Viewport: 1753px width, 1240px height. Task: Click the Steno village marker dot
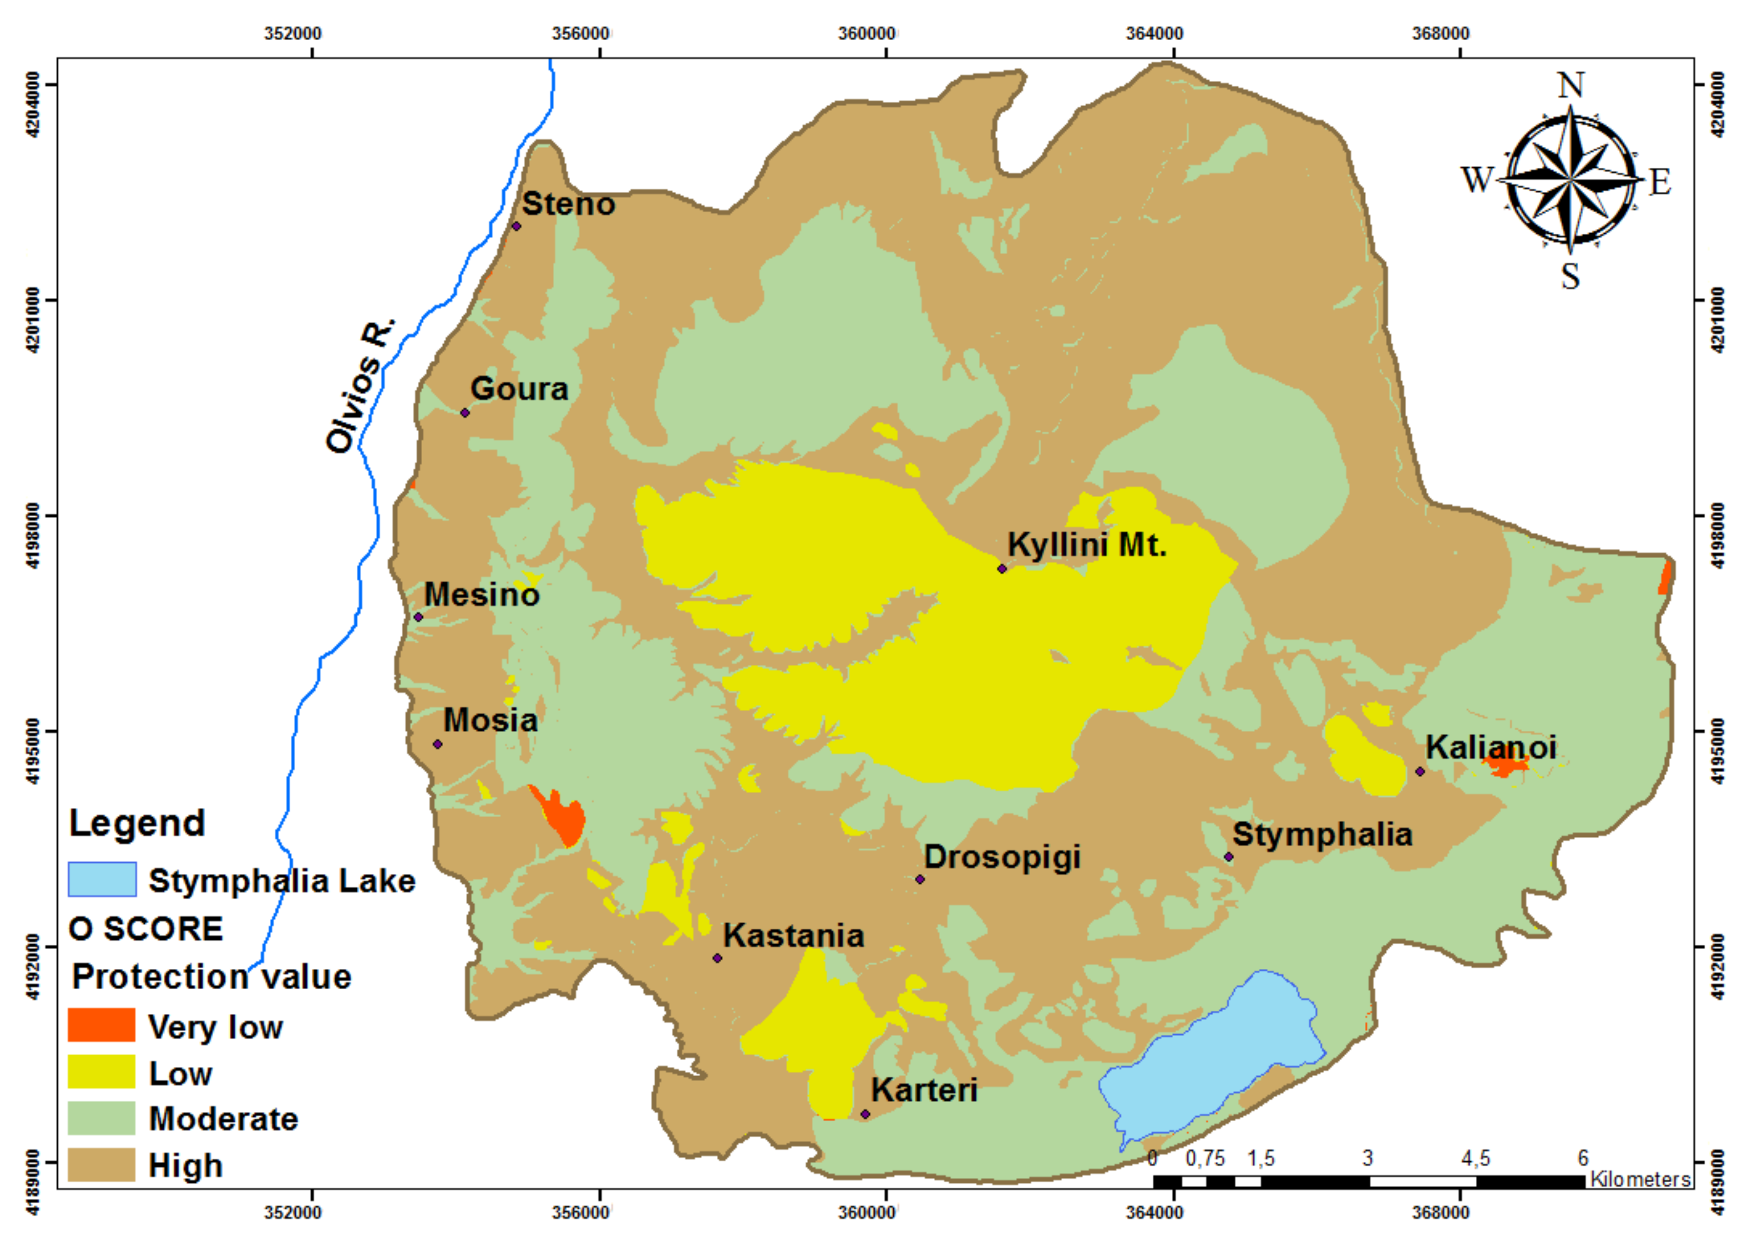point(516,226)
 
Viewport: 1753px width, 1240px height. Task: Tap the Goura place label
point(519,389)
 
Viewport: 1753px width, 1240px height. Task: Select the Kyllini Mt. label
point(1086,545)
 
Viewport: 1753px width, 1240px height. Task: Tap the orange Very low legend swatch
point(102,1026)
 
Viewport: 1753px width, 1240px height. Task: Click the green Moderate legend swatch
point(102,1118)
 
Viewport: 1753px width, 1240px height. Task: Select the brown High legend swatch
point(102,1165)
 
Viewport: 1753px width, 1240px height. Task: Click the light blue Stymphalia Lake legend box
point(102,880)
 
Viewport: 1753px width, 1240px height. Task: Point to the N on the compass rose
point(1570,86)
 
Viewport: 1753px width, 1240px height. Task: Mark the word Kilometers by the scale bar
point(1640,1180)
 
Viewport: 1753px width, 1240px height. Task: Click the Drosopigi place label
point(1002,857)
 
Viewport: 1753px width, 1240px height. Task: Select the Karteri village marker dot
point(865,1114)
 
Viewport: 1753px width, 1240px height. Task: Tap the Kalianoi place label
point(1490,747)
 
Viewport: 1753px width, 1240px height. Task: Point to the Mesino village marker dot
point(418,617)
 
